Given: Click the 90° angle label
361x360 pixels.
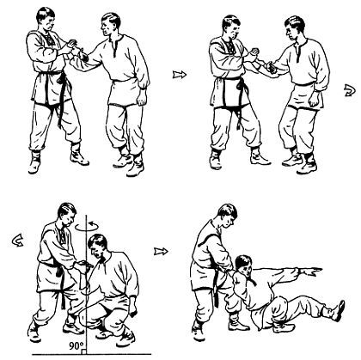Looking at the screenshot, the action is point(76,346).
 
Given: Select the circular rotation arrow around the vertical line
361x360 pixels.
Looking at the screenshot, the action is point(87,226).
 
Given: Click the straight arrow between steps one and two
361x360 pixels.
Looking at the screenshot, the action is point(180,75).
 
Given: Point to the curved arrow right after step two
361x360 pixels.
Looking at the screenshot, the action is point(350,90).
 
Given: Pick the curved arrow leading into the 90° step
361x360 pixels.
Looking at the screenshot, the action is point(17,240).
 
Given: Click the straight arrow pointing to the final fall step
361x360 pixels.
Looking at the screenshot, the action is point(161,252).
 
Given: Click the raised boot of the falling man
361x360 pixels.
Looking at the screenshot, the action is point(339,310).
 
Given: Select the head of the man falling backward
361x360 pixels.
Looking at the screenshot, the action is point(243,265).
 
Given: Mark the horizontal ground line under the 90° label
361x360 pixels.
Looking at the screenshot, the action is point(92,355).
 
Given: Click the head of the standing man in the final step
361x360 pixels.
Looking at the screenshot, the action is point(228,214).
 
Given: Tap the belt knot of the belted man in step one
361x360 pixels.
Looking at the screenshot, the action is point(62,79).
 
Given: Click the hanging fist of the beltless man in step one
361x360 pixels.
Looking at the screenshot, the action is point(142,99).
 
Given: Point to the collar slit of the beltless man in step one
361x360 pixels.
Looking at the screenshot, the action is point(114,49).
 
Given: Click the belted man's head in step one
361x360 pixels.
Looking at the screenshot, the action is point(46,18).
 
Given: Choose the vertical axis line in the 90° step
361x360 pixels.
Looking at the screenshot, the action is point(86,284).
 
